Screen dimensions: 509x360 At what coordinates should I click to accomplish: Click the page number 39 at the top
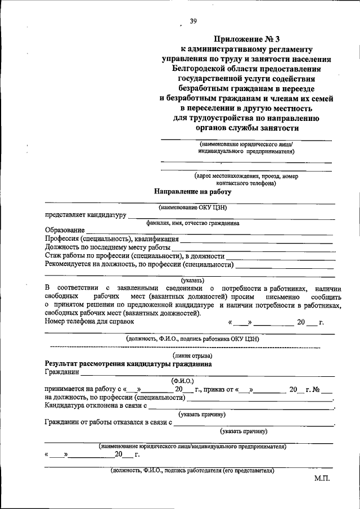tap(193, 21)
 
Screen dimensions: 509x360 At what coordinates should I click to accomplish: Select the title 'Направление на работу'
tap(193, 191)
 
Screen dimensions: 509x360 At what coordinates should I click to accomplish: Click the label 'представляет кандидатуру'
tap(85, 215)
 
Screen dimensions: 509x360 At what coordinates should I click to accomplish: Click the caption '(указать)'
tap(192, 280)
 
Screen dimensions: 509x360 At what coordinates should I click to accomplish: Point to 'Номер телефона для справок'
tap(89, 321)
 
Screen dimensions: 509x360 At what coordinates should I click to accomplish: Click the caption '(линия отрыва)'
tap(192, 355)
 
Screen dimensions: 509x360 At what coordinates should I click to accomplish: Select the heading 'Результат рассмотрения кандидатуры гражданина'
tap(128, 364)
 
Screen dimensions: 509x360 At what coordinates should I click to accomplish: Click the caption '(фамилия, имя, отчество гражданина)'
tap(192, 223)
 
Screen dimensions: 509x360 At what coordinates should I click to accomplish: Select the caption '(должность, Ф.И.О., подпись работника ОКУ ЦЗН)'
tap(192, 339)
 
